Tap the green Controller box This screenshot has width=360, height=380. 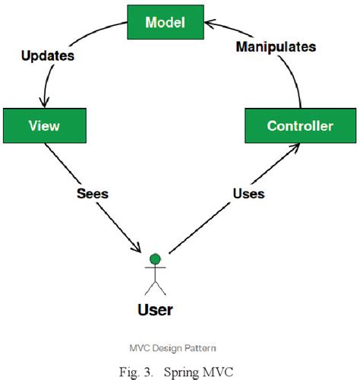coord(299,126)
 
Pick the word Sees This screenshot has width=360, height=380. coord(92,194)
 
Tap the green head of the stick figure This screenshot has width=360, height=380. coord(155,260)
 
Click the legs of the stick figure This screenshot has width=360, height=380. coord(155,287)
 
